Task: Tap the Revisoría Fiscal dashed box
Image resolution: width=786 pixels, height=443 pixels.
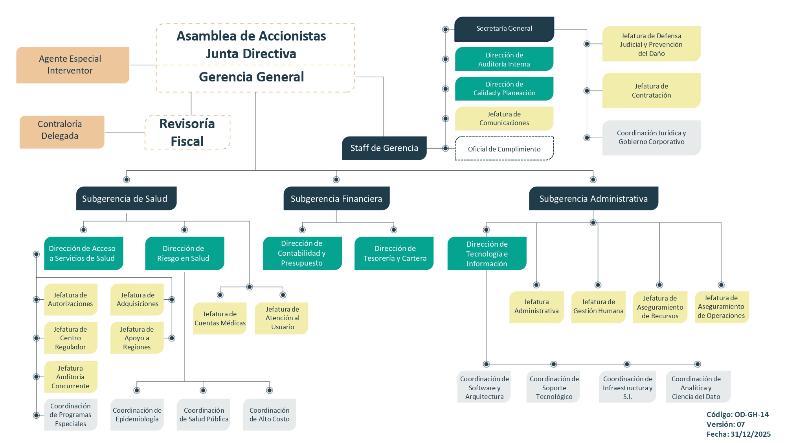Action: pos(187,132)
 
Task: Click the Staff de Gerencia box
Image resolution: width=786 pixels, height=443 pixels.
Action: pos(384,148)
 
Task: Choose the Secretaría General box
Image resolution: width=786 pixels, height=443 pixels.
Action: pos(504,29)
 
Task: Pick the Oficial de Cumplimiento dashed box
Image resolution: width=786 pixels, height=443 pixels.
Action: pos(504,149)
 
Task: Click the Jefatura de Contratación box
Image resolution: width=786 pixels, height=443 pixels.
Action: pos(651,90)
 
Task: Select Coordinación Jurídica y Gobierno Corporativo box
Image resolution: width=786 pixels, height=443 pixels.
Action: pos(651,138)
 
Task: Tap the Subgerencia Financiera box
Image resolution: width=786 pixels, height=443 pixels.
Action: pos(336,199)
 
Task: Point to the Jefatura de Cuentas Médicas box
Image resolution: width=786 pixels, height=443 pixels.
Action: pos(220,318)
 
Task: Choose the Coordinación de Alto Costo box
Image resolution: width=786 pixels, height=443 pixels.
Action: pos(269,415)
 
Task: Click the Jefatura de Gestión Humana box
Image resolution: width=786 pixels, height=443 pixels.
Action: pos(598,307)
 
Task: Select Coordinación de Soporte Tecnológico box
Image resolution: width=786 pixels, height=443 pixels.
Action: pos(553,387)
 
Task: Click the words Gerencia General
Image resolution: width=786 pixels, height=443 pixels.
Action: pos(252,77)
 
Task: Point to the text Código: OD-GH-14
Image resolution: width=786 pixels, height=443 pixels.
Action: pos(737,414)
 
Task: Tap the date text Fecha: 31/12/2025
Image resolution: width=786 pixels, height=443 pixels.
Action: pos(738,434)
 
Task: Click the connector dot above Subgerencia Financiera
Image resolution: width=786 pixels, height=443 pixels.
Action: pos(336,180)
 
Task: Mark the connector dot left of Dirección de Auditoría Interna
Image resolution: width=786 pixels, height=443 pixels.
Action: pos(445,59)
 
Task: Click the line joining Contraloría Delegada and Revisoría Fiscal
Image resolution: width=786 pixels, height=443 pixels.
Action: pos(125,132)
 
